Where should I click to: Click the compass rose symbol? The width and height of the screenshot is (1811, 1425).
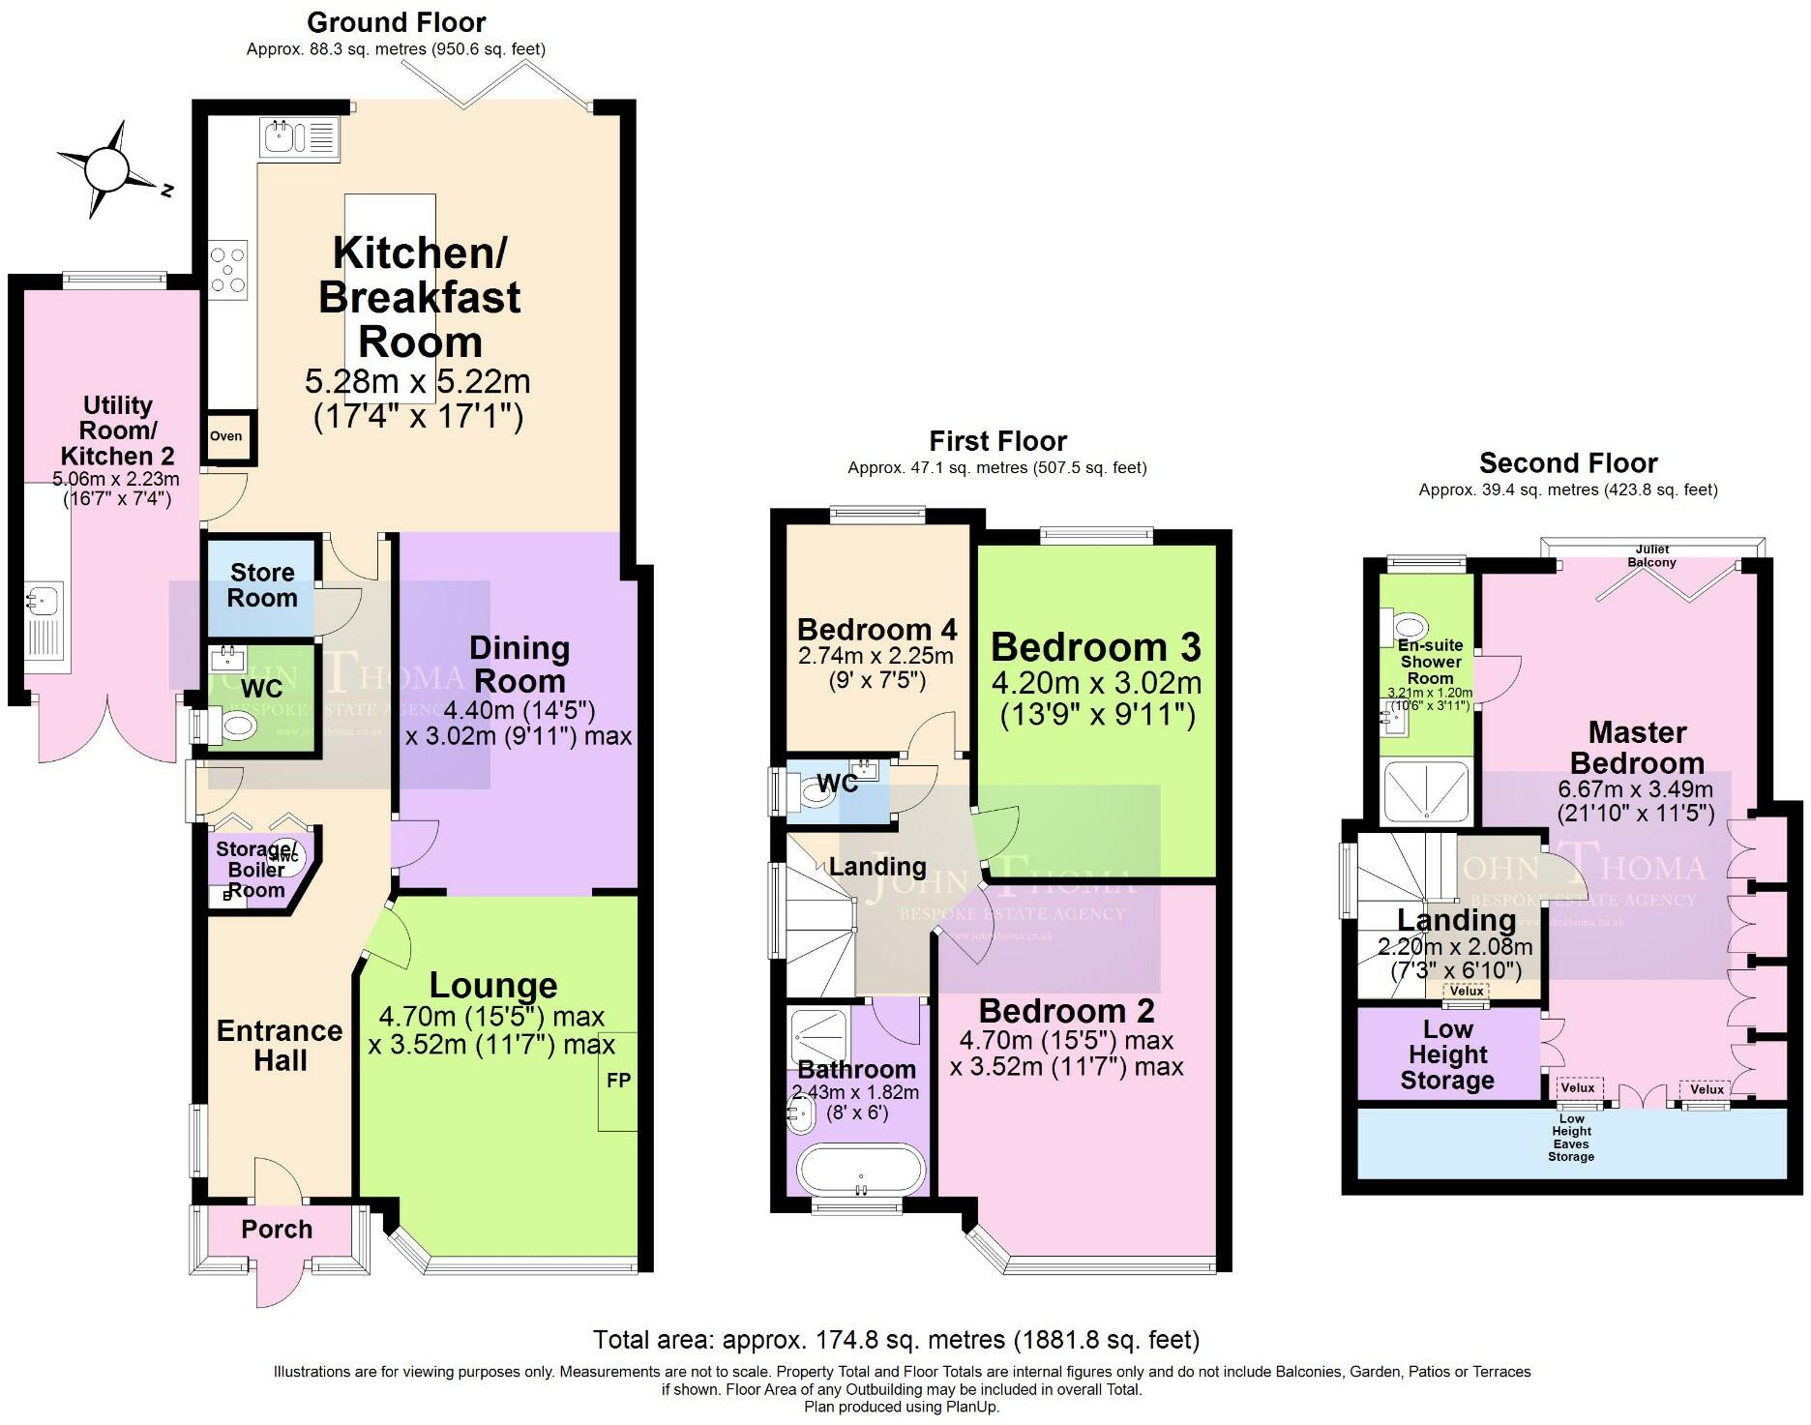tap(105, 170)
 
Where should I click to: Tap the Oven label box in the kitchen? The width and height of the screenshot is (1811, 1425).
tap(227, 436)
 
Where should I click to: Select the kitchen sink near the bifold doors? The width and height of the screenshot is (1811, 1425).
tap(298, 136)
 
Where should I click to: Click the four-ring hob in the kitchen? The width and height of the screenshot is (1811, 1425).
tap(228, 269)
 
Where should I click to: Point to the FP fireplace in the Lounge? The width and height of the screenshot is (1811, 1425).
tap(618, 1081)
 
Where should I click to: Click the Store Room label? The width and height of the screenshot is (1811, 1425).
tap(262, 585)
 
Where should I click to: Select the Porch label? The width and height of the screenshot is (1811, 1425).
tap(277, 1230)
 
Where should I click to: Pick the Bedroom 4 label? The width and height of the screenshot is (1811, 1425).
tap(876, 630)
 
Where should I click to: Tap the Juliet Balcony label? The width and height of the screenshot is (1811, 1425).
tap(1651, 555)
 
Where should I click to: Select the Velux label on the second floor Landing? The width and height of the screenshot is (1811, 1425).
tap(1467, 991)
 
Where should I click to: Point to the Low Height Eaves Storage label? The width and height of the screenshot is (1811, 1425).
tap(1571, 1138)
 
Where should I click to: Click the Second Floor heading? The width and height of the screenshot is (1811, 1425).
tap(1568, 462)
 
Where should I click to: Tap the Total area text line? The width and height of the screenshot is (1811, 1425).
tap(896, 1340)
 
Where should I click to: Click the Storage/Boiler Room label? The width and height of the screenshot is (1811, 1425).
tap(256, 869)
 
